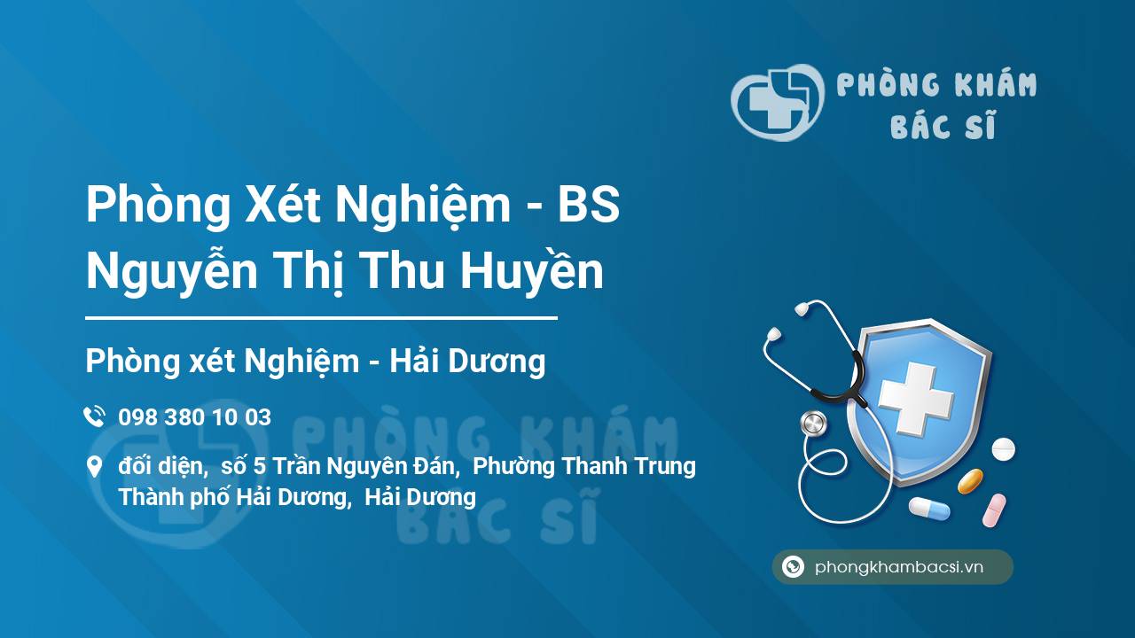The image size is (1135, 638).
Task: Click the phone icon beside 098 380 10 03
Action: pos(94,416)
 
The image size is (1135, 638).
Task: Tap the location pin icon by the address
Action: pos(94,467)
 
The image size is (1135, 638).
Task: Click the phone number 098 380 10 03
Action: pos(194,417)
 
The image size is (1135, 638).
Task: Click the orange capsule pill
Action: pos(970,481)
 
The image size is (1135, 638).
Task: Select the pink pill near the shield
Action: pos(994,510)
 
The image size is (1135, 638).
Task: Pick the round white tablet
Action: pos(1003,448)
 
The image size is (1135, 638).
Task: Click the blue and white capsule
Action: pos(928,509)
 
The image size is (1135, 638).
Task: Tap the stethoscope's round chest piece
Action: pos(813,424)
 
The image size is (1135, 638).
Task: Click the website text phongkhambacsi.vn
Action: pos(899,568)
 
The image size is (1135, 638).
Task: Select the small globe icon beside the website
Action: pos(793,567)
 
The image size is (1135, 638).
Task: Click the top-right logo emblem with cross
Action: pos(776,102)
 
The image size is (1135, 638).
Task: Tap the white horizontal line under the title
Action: pos(321,316)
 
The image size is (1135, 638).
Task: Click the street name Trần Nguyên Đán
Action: pos(365,466)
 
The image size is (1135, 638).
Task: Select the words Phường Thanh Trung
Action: pos(585,466)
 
